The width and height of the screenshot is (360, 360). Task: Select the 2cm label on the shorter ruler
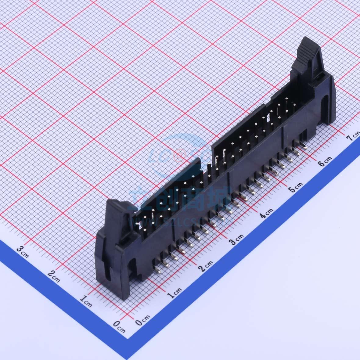point(54,275)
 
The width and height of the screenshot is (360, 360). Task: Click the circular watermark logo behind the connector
point(180,153)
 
